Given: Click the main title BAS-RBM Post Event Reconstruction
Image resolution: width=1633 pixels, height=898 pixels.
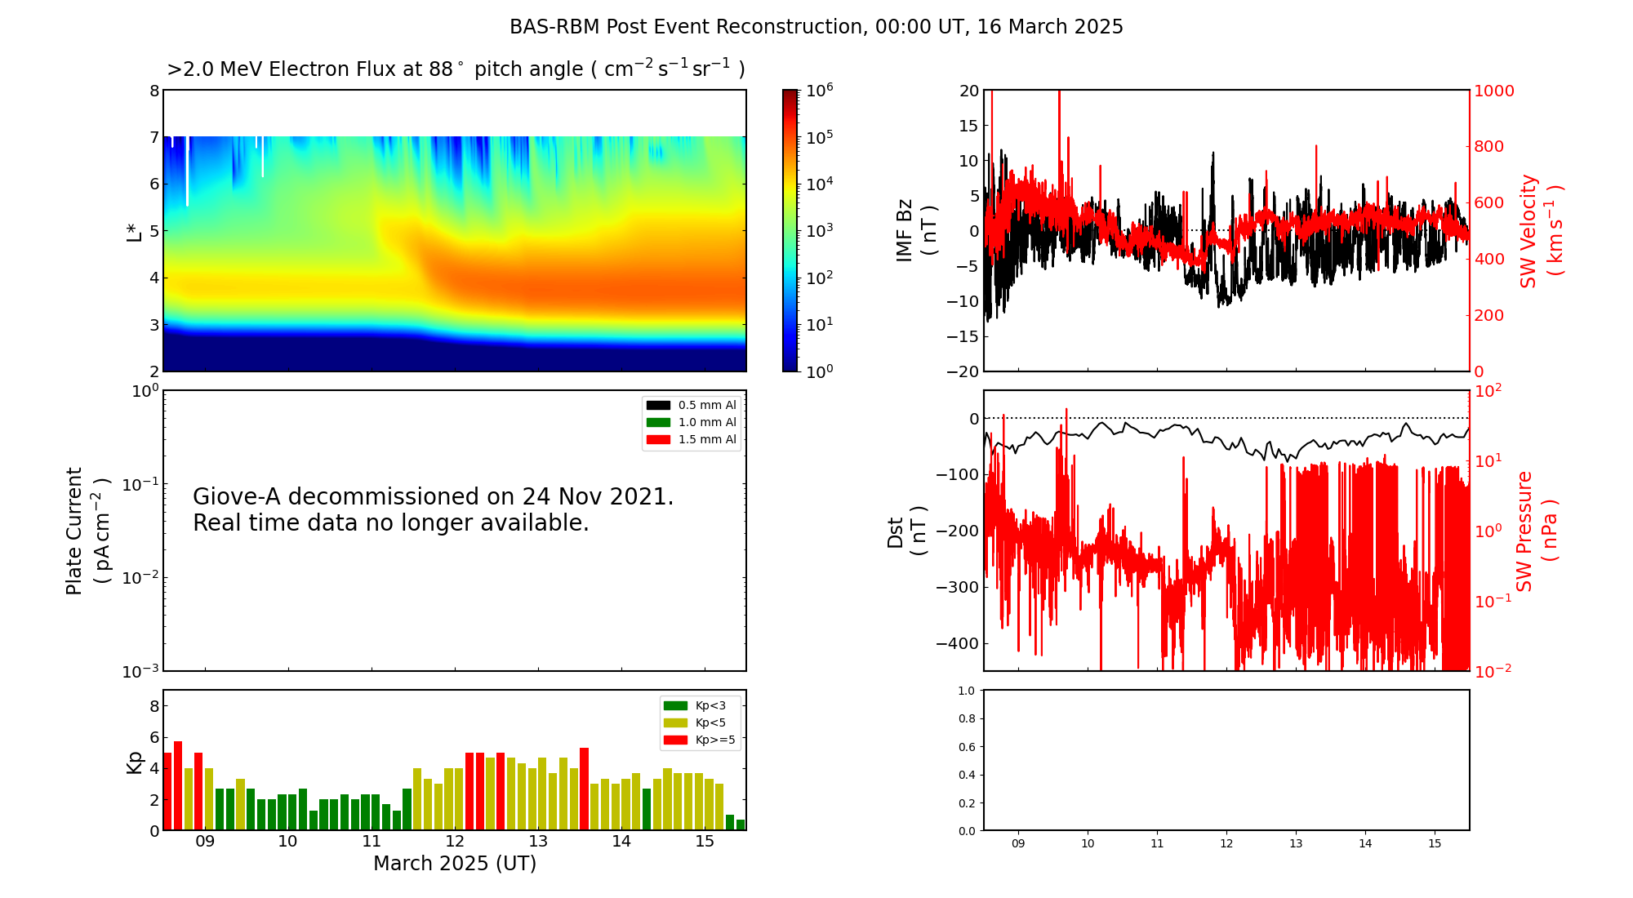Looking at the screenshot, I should [x=816, y=27].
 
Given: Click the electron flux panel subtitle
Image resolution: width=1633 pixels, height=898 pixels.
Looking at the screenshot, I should [x=456, y=69].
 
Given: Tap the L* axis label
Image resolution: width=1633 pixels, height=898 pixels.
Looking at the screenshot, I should [x=135, y=231].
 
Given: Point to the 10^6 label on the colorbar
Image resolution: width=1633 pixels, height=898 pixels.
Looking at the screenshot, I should [x=819, y=90].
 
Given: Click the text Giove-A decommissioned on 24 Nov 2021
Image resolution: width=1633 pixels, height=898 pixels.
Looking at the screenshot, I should [x=433, y=496].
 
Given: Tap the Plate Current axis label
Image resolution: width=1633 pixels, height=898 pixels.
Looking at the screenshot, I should [x=86, y=531].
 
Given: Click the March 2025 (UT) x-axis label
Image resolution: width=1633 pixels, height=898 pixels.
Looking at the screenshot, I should [x=455, y=864].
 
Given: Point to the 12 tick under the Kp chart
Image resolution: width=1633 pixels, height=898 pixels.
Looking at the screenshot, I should [x=455, y=842].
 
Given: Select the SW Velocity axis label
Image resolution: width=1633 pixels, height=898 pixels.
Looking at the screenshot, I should [x=1540, y=231].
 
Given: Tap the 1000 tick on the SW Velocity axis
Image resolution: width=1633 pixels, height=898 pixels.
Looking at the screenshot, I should [x=1493, y=91].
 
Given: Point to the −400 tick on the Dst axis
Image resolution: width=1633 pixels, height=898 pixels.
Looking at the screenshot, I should [x=957, y=643].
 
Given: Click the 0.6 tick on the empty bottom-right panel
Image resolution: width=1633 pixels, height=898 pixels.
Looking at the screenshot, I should [x=966, y=747].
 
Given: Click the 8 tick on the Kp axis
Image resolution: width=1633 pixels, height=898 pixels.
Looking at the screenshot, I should [x=154, y=706].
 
